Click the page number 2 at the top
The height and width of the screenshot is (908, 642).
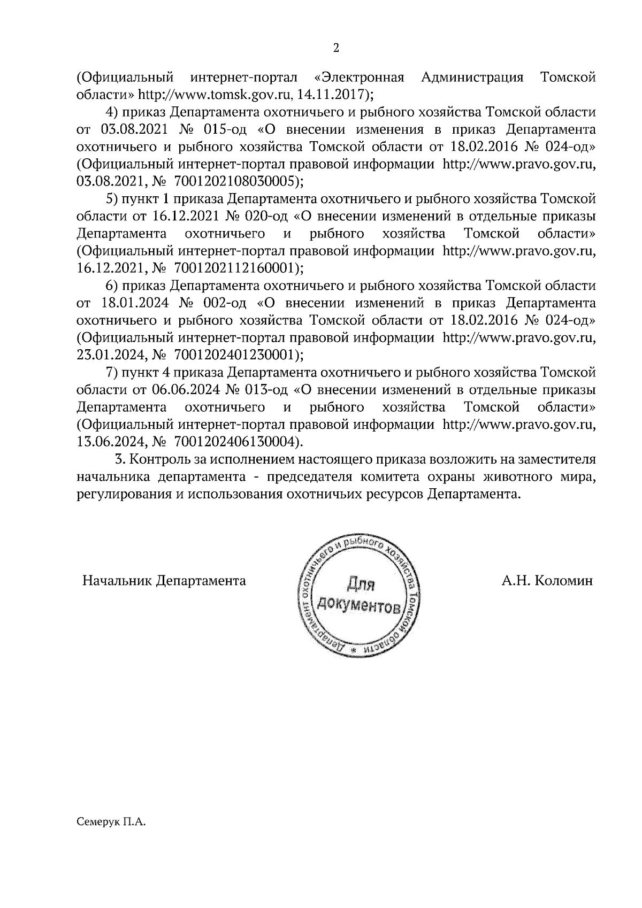pyautogui.click(x=335, y=48)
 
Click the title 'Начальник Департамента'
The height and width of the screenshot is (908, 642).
pyautogui.click(x=164, y=581)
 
